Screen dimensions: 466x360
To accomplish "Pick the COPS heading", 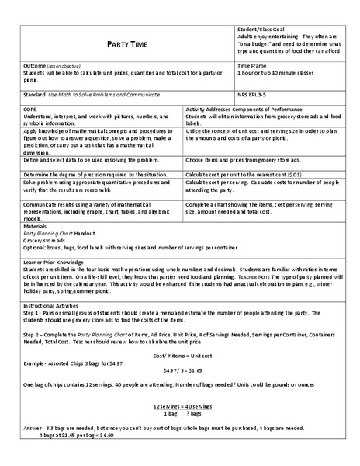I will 29,110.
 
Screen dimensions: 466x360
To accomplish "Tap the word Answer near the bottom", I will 33,429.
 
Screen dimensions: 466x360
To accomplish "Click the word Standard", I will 33,94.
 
